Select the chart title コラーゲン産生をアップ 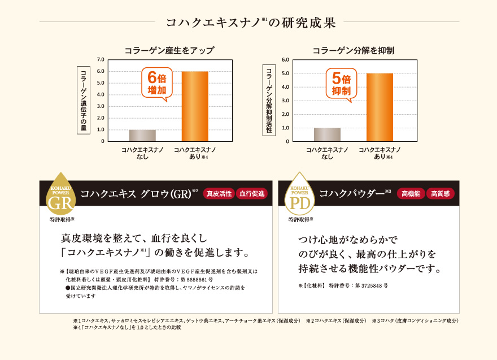pos(169,50)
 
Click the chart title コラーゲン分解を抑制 pos(353,50)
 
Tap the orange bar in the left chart pos(195,106)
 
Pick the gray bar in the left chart pos(142,136)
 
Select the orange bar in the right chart pos(380,107)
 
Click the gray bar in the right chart pos(327,135)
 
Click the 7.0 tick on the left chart pos(101,59)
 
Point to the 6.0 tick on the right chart pos(285,59)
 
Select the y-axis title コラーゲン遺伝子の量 pos(83,101)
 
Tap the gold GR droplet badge pos(60,193)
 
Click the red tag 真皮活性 pos(219,194)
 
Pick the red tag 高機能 pos(412,194)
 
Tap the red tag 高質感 pos(440,194)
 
